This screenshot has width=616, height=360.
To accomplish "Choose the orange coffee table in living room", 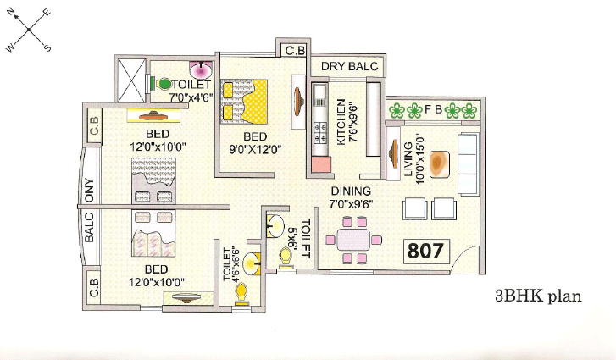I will coord(438,163).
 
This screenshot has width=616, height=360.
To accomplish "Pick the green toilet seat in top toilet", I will coord(164,84).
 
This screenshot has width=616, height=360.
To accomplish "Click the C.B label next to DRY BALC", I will coord(295,53).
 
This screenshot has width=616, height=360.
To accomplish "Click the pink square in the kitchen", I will coord(320,164).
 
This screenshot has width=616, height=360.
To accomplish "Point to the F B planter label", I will coord(432,109).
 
